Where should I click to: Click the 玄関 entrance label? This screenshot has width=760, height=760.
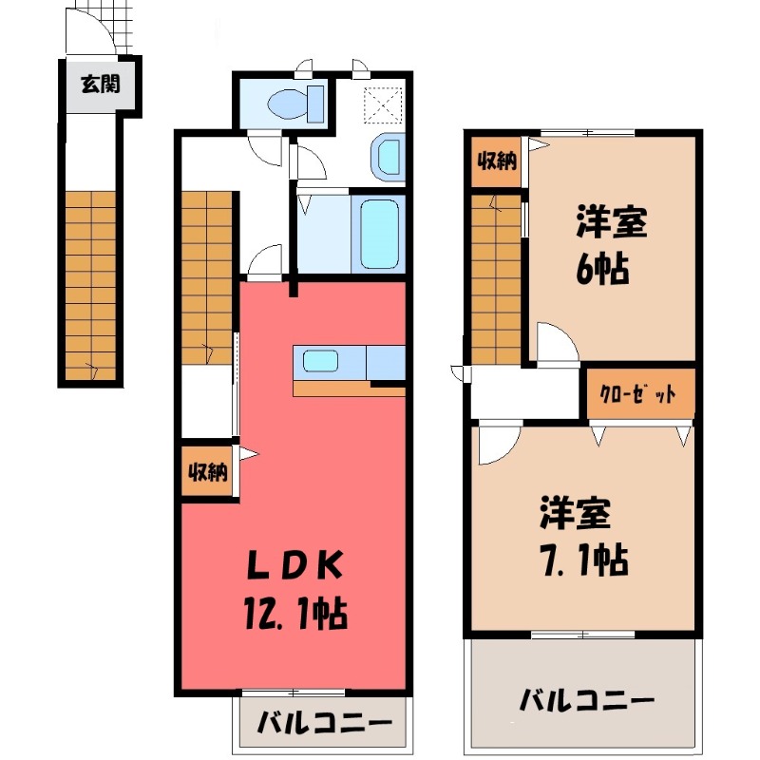[x=101, y=85]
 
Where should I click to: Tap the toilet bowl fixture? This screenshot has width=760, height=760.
[x=295, y=104]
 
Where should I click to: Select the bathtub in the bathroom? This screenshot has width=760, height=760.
[x=380, y=235]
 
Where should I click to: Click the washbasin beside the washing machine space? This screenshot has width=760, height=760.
[x=389, y=157]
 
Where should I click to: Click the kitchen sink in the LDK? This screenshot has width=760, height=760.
[x=321, y=361]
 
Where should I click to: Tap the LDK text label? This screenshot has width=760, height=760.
[x=294, y=565]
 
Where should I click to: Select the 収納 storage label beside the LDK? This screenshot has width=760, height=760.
[x=208, y=472]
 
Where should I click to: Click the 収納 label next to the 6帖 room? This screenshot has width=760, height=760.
[x=497, y=161]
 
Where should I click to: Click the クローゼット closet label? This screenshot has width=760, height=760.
[x=637, y=393]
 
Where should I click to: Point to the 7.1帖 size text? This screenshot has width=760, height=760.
[x=584, y=560]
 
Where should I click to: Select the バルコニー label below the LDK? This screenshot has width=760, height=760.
[x=324, y=724]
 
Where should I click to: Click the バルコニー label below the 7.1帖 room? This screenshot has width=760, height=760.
[x=587, y=700]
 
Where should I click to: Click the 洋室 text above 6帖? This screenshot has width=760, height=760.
[x=611, y=221]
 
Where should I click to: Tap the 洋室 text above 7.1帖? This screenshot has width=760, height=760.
[x=575, y=513]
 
